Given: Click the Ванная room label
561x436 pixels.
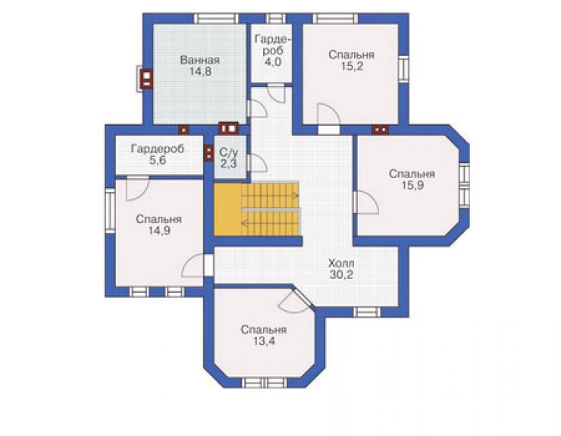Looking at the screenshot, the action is [x=199, y=60].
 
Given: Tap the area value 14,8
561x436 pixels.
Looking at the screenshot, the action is [x=200, y=71].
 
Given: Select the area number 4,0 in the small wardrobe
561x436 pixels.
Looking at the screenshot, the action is [x=273, y=62].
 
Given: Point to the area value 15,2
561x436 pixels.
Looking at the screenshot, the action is [x=351, y=67].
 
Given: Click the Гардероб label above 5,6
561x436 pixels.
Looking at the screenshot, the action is [x=158, y=149].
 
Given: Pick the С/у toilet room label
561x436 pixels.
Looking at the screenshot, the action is [x=229, y=152].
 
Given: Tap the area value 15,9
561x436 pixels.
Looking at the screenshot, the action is [x=412, y=186].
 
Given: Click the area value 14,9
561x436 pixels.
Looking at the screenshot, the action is [x=159, y=231].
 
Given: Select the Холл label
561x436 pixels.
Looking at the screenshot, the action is [x=341, y=263].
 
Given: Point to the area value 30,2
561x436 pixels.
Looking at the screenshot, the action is [x=341, y=275].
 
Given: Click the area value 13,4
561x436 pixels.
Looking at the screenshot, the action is [x=264, y=341].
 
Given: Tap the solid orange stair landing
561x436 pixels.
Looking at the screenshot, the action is [x=228, y=209].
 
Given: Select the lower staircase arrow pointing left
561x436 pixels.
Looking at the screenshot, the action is [x=270, y=224].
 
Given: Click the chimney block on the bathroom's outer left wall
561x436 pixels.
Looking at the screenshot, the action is [x=146, y=78].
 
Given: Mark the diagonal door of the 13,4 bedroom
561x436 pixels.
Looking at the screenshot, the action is [x=302, y=296].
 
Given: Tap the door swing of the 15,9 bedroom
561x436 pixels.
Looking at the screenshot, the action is [x=366, y=202].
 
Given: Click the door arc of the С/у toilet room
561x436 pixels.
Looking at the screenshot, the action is [x=257, y=164].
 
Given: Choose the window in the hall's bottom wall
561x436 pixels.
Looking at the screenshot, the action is [x=368, y=312].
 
